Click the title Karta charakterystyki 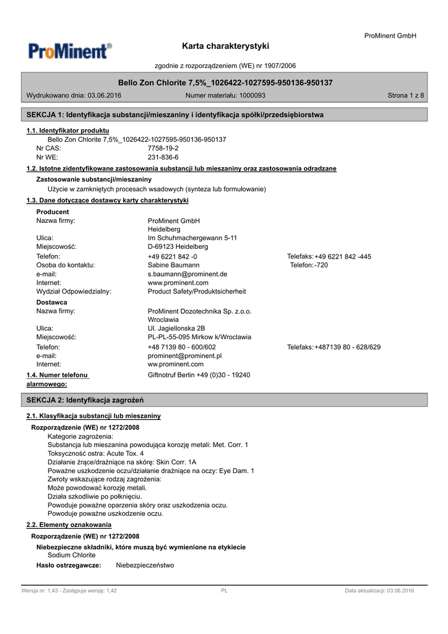click(x=226, y=46)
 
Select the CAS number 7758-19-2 click(x=163, y=149)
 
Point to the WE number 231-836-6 click(x=163, y=157)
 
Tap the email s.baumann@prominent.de click(x=187, y=274)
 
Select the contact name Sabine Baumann click(x=173, y=265)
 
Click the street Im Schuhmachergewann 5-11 click(x=192, y=238)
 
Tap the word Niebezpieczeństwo click(x=145, y=565)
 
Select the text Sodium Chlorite click(x=71, y=555)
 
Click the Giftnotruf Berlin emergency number click(x=199, y=375)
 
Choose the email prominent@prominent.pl click(x=184, y=356)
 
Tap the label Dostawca click(x=52, y=302)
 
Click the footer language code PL click(x=224, y=591)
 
